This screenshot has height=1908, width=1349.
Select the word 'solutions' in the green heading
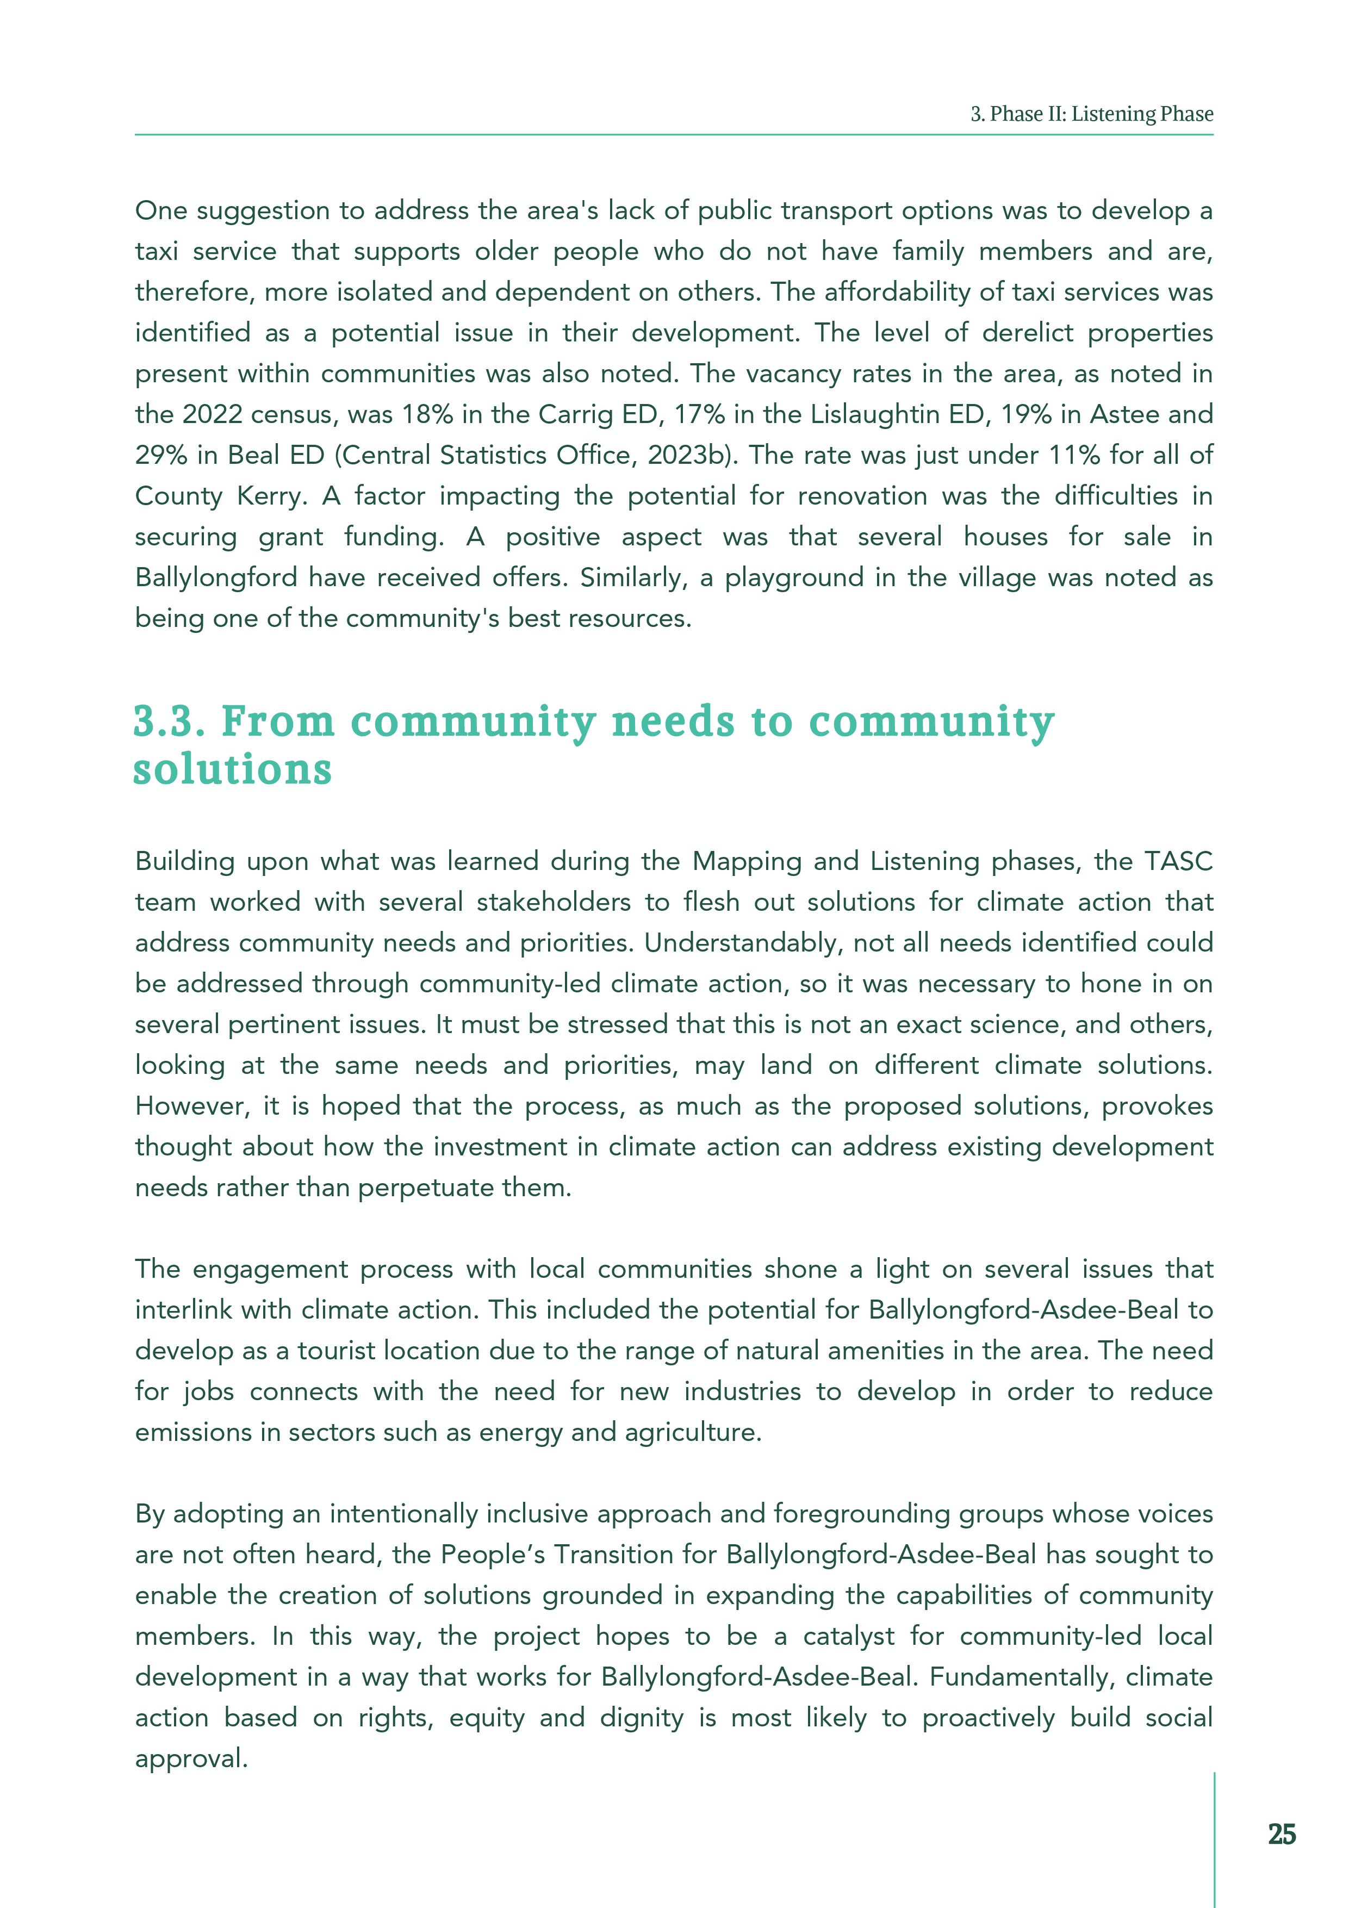pyautogui.click(x=233, y=769)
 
